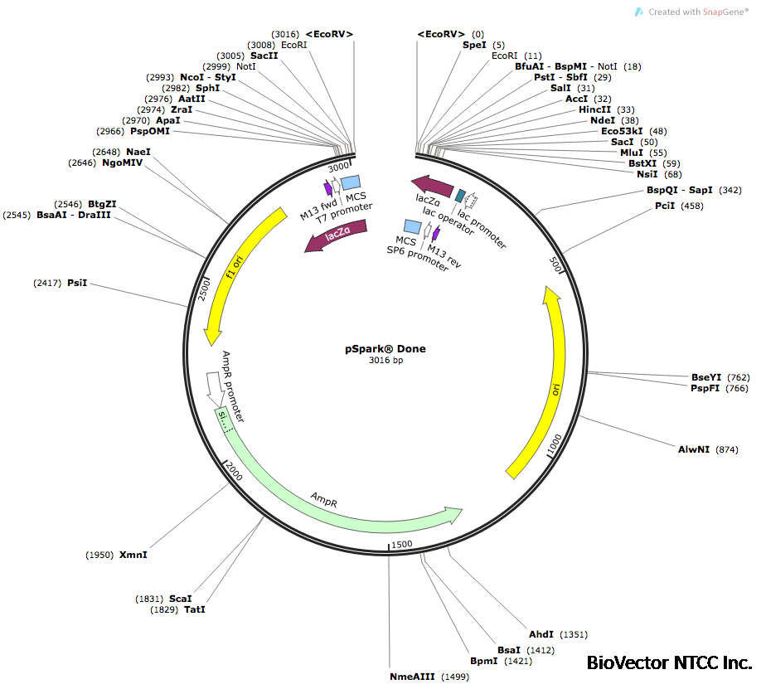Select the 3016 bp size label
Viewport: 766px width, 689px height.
tap(385, 361)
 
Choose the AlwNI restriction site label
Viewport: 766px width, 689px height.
tap(694, 449)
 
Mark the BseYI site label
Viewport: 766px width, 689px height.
tap(706, 377)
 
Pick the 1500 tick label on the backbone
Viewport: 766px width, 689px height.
tap(401, 543)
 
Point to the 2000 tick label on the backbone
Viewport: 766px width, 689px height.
tap(233, 472)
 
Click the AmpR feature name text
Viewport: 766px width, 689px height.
tap(323, 497)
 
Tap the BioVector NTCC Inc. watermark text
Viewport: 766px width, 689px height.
tap(669, 663)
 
